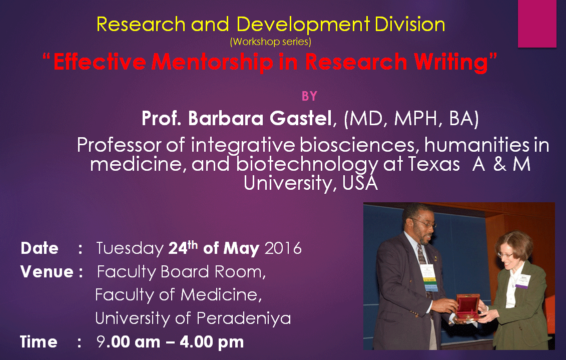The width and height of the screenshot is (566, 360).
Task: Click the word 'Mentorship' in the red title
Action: pos(212,62)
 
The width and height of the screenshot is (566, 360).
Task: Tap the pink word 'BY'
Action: pos(309,96)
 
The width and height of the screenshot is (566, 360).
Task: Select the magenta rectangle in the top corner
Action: pos(537,24)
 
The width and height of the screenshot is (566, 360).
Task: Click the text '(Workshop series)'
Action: pos(270,42)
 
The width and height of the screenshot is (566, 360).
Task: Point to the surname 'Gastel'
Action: pos(300,118)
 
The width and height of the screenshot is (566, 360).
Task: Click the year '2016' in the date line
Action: pos(283,248)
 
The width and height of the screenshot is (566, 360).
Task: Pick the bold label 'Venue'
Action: pos(47,271)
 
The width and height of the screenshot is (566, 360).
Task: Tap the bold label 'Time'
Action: pos(39,341)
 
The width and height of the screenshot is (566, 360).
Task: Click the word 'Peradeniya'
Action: pos(244,318)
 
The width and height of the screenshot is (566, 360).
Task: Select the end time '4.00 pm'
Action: pos(212,342)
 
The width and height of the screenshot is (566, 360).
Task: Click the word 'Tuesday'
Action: pos(130,249)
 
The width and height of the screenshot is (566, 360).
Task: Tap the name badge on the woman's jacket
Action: pos(522,281)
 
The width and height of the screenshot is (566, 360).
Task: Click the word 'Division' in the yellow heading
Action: pos(410,25)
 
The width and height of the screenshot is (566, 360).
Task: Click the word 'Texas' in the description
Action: pos(434,164)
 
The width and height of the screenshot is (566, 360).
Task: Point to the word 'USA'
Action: pos(360,183)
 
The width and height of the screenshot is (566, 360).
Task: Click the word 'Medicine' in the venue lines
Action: pos(221,295)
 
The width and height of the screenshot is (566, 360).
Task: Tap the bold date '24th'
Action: pos(183,248)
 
